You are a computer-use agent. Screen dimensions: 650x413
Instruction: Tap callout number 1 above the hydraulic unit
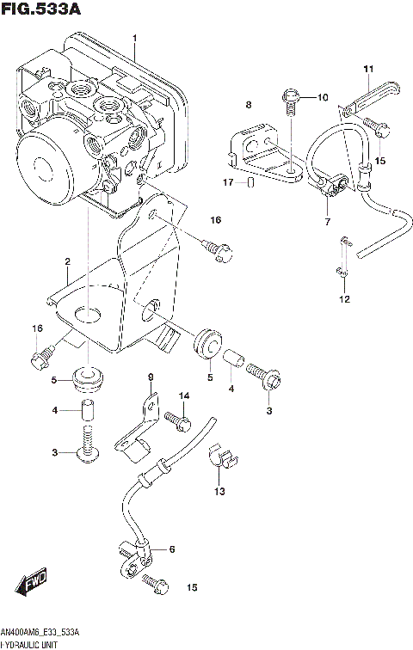coord(134,39)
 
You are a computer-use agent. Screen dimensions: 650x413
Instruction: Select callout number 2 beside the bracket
coord(66,261)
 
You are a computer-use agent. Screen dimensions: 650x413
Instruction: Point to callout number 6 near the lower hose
coord(171,549)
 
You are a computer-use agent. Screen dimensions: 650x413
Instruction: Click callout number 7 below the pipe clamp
coord(328,223)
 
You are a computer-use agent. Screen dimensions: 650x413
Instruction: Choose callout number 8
coord(247,105)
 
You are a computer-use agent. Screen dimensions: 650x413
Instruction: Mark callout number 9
coord(150,378)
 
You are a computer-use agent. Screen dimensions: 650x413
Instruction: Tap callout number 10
coord(323,97)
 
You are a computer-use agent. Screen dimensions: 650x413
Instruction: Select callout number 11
coord(367,69)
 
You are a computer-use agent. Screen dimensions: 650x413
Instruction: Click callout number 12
coord(344,300)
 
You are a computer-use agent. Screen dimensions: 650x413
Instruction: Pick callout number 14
coord(183,396)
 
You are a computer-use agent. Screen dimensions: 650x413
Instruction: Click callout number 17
coord(228,182)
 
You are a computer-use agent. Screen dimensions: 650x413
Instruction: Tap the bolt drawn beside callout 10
coord(290,101)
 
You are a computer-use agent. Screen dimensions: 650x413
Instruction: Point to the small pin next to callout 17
coord(250,182)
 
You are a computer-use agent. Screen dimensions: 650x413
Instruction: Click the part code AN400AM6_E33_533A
coord(44,632)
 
